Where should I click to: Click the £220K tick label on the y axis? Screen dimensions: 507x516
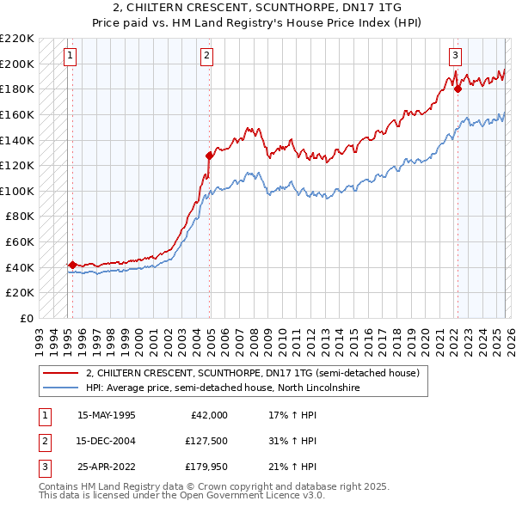17,39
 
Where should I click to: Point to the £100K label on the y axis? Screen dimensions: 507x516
17,191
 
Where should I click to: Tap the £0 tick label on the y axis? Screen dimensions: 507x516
28,318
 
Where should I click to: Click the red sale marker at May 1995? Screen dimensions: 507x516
72,265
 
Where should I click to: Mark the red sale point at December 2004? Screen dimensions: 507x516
209,156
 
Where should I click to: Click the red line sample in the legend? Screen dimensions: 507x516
60,373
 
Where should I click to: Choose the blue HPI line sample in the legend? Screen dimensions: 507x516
60,388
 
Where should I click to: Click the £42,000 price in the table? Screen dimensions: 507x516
208,415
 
